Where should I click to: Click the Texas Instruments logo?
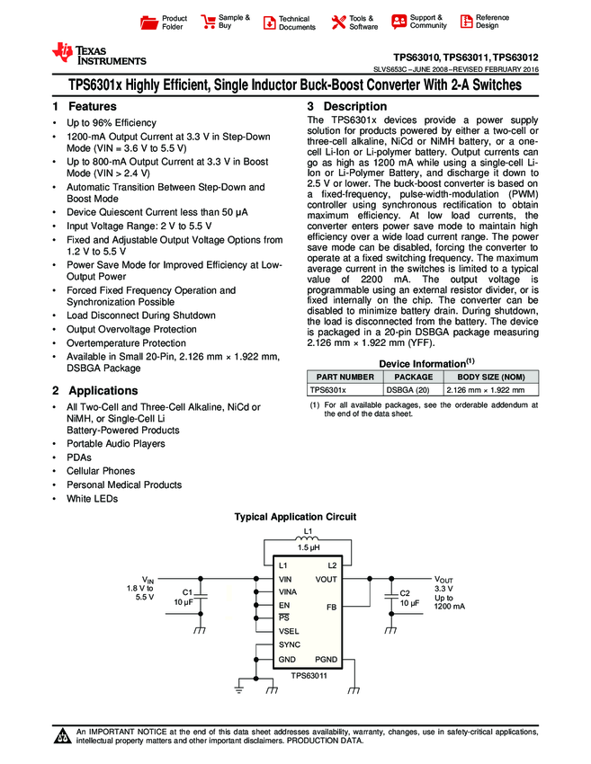click(x=98, y=55)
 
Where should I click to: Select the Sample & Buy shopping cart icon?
click(x=209, y=22)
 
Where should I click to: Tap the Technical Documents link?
click(x=297, y=22)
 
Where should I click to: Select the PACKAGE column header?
click(x=414, y=378)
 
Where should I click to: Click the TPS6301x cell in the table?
click(x=327, y=390)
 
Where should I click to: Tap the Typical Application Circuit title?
click(x=295, y=517)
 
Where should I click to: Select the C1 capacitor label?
click(x=188, y=592)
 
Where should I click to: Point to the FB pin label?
click(x=331, y=607)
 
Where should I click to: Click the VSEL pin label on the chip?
click(x=290, y=631)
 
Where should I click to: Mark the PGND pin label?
click(x=326, y=660)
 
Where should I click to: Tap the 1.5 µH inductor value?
click(x=308, y=548)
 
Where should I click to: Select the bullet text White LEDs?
click(x=92, y=499)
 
